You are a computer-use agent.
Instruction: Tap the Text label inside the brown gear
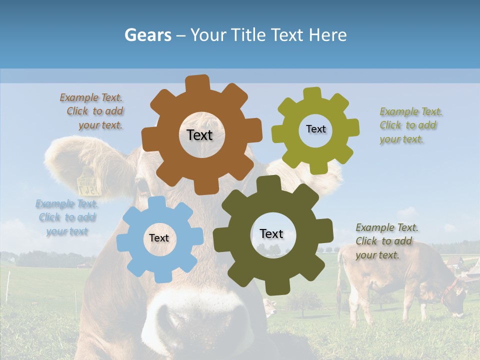[199, 135]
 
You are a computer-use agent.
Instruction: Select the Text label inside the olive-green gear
[315, 129]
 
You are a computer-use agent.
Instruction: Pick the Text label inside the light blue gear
[158, 238]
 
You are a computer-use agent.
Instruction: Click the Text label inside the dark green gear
[271, 233]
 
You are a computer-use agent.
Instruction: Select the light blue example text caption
[66, 217]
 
